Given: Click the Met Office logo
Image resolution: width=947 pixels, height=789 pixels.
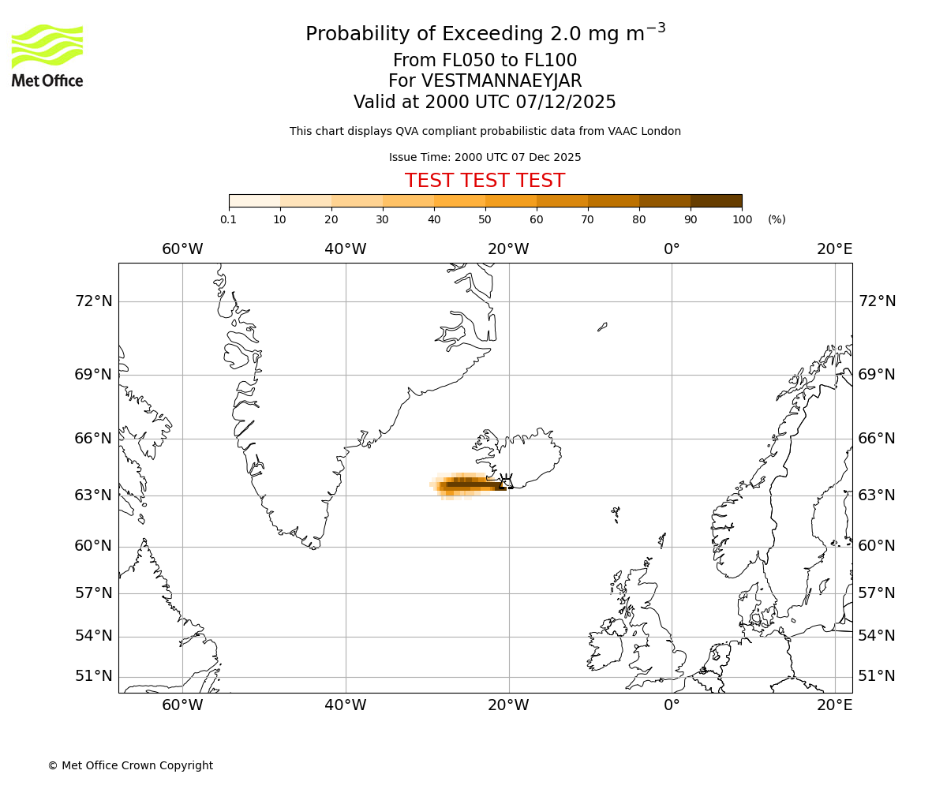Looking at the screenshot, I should coord(47,55).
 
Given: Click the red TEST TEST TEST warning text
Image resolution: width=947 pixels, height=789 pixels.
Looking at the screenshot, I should coord(485,181).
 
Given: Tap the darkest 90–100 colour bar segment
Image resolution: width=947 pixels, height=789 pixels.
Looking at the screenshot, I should coord(716,201).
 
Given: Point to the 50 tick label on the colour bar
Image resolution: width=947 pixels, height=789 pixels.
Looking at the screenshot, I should coord(485,219).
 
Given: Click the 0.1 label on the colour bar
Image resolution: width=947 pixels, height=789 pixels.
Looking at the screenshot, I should coord(229,219).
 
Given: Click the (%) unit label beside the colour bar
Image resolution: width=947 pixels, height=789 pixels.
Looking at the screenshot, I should coord(777,219).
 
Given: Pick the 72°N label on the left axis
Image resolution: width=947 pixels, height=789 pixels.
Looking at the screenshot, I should coord(93,301).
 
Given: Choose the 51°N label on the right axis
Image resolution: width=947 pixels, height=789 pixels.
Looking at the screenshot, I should coord(877,676).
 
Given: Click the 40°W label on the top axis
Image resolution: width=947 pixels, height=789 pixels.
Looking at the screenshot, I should coord(346,249).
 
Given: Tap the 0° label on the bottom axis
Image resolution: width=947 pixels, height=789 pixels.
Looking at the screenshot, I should coord(672,705).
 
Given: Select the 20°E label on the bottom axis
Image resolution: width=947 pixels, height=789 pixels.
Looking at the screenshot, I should coord(834,705).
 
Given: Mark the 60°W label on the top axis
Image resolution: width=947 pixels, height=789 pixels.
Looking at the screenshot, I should coord(182,249).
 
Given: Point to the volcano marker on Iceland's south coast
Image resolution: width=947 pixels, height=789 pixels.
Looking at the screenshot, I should coord(507,481).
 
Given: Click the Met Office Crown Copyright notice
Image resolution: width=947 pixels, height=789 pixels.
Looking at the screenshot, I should coord(130,765).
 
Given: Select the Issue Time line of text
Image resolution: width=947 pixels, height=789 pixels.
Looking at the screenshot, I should coord(485,157).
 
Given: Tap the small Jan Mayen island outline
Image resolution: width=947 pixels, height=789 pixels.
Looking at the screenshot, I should coord(602,326).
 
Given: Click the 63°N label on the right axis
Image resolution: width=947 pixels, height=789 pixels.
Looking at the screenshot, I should coord(877,495).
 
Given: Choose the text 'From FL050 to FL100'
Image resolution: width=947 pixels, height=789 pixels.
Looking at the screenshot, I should coord(485,61).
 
